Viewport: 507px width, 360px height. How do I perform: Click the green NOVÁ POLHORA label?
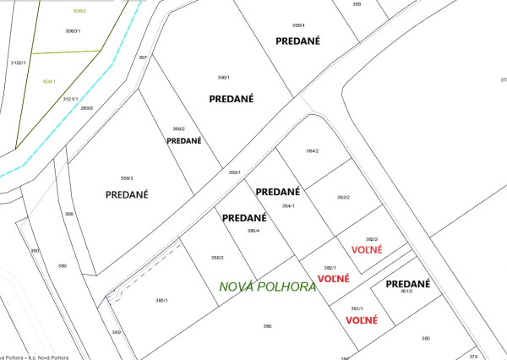267,286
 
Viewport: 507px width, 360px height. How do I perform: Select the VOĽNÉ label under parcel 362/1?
332,278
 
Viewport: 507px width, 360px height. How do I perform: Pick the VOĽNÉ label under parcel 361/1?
361,320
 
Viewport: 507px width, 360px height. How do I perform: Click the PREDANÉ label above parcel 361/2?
408,284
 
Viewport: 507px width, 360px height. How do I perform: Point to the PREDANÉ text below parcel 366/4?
305,41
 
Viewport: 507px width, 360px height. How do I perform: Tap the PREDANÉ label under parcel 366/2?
184,140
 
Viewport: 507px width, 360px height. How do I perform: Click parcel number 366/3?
127,178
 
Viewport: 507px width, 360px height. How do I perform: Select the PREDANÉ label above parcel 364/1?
278,192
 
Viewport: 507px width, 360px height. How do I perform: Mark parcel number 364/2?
313,151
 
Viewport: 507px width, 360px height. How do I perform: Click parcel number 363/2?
343,197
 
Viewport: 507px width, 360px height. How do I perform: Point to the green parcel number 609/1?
49,81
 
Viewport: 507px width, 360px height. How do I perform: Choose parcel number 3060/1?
73,30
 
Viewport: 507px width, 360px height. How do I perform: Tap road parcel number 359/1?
235,172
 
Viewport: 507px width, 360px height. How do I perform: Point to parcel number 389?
62,266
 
